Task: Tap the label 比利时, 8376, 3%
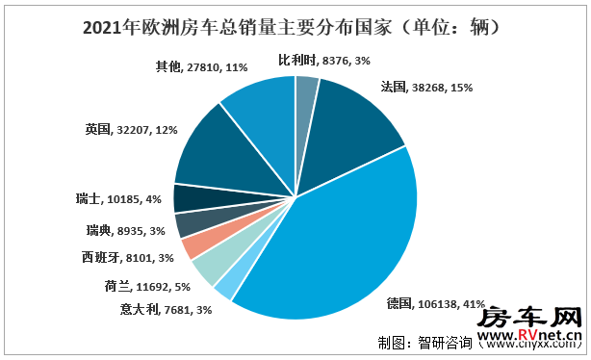coord(319,60)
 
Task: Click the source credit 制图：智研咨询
coord(418,341)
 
